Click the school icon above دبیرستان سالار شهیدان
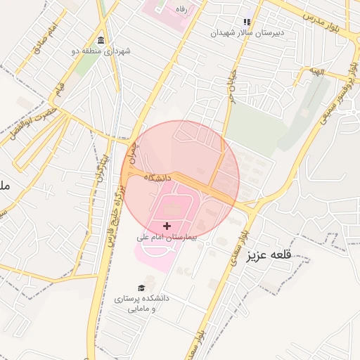pyautogui.click(x=246, y=22)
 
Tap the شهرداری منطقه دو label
pyautogui.click(x=106, y=51)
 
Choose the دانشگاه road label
pyautogui.click(x=157, y=179)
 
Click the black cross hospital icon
pyautogui.click(x=167, y=226)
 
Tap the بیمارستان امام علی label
pyautogui.click(x=167, y=238)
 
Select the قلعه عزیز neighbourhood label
pyautogui.click(x=268, y=256)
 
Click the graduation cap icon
pyautogui.click(x=141, y=288)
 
